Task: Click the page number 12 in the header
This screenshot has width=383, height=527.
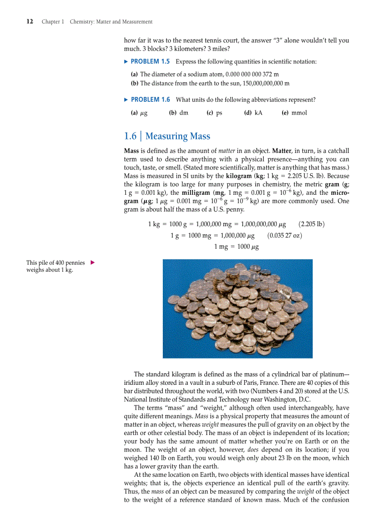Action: pos(29,22)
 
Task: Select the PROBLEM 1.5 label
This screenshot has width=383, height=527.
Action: pos(150,61)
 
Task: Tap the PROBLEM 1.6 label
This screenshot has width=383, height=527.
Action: pos(150,99)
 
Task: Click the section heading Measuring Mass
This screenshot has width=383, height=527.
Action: pos(178,136)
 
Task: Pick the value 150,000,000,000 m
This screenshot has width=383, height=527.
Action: pos(264,83)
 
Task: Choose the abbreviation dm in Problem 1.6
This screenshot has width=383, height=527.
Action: pos(184,113)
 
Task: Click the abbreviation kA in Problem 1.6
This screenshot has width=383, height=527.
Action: pos(258,113)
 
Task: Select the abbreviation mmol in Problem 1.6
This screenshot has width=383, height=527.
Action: pos(299,113)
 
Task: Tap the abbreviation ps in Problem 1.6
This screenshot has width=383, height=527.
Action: pos(219,113)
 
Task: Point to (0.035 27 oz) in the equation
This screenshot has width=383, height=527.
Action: pos(284,235)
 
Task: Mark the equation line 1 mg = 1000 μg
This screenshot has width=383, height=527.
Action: pos(237,246)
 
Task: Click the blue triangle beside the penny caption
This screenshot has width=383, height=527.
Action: pos(92,263)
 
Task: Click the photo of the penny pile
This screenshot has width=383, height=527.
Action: pos(234,309)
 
